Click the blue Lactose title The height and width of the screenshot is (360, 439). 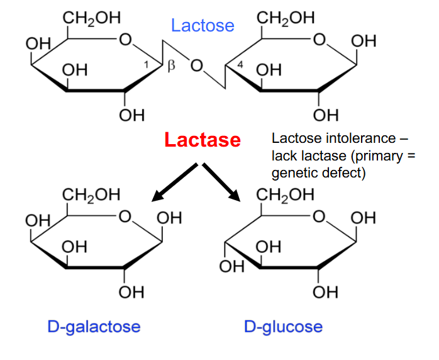pos(203,26)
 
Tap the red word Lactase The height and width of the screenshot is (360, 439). pos(203,140)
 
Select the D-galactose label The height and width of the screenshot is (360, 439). pos(94,327)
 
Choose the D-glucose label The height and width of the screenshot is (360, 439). pos(283,327)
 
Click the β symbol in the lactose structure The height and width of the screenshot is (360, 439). pos(171,66)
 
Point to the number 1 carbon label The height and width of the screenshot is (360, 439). pos(146,65)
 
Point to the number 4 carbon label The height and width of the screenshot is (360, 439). pos(240,65)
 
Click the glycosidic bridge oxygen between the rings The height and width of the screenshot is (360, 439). pos(196,66)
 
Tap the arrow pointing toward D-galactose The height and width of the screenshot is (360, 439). pos(174,183)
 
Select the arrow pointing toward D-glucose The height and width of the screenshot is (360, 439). pos(221,182)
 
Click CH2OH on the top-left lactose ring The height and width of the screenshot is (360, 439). pos(92,18)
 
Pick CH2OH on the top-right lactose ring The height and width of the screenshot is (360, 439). pos(286,18)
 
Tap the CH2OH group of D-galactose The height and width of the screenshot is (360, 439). pos(91,195)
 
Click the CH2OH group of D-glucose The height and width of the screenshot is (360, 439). pos(285,195)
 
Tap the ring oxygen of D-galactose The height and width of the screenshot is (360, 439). pos(125,217)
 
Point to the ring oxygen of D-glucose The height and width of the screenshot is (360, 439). pos(319,217)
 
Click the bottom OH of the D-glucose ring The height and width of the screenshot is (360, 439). pos(325,292)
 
